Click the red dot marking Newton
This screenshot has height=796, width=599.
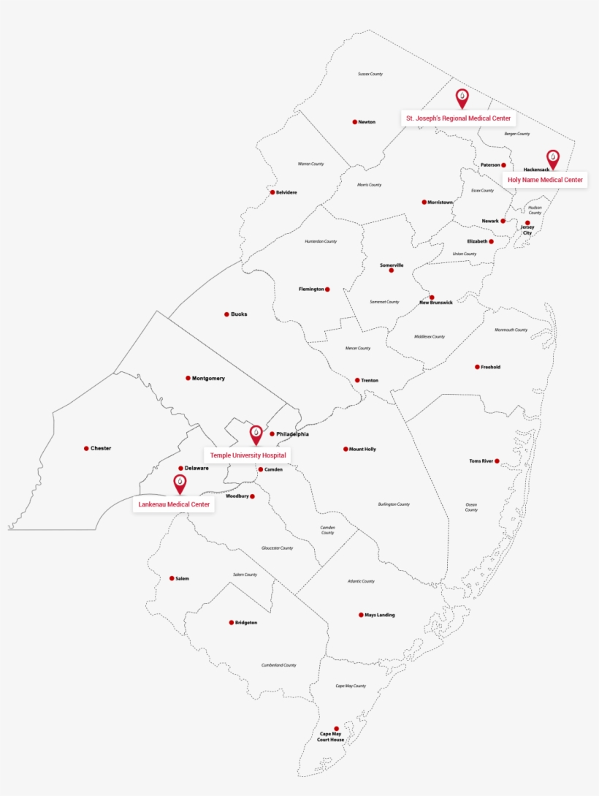[355, 122]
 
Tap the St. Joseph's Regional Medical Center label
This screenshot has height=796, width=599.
[459, 118]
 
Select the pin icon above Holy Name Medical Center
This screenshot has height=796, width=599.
[553, 159]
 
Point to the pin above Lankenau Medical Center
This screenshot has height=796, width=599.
[180, 483]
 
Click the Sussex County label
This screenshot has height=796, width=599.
[370, 74]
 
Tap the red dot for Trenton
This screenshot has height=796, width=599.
[357, 380]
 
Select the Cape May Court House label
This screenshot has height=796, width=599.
[330, 737]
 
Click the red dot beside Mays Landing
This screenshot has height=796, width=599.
[361, 615]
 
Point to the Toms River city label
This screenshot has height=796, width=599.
[481, 461]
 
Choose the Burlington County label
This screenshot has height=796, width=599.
[394, 504]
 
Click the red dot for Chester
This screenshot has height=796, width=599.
[86, 448]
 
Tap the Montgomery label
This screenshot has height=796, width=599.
[208, 379]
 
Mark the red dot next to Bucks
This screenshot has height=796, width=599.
[226, 314]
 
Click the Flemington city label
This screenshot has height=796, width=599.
[311, 289]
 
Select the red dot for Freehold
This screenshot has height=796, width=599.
[477, 367]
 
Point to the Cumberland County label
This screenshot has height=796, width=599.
[279, 665]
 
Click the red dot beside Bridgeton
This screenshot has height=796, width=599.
[232, 623]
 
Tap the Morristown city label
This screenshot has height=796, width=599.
[440, 202]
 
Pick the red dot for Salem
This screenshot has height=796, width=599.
[172, 578]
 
